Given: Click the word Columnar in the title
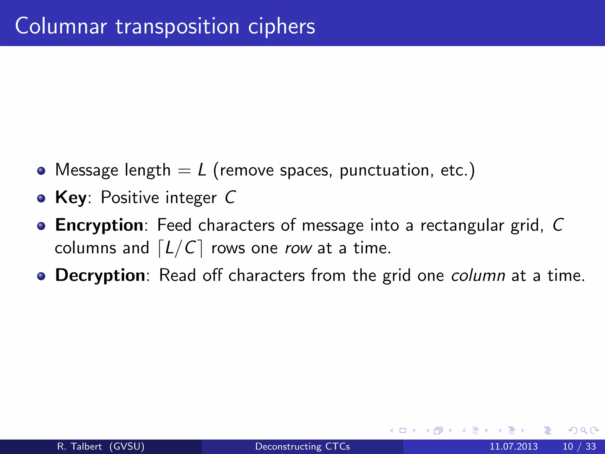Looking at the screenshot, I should tap(61, 27).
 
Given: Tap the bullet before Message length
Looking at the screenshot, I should tap(41, 171).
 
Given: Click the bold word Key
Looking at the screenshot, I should tap(71, 197).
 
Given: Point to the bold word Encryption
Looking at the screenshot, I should tap(99, 225).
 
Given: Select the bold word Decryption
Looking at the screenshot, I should tap(100, 275).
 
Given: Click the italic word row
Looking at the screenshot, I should tap(298, 248).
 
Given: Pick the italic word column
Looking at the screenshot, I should tap(478, 275).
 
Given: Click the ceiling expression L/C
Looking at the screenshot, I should tap(180, 248).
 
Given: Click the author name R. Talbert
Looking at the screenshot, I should tap(79, 446).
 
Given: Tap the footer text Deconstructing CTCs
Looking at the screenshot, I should tap(302, 446).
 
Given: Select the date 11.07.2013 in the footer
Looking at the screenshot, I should tap(513, 446).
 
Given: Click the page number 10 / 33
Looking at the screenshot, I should tap(579, 446).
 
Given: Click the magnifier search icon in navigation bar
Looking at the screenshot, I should tap(583, 431).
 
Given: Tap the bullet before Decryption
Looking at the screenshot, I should tap(41, 276).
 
